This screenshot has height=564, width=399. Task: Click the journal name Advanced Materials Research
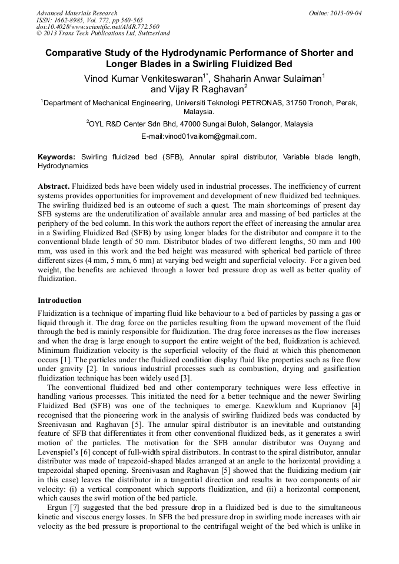point(77,13)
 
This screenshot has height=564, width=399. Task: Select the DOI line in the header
point(98,26)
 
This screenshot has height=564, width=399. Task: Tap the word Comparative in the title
point(75,53)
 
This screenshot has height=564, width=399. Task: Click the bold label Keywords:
point(56,157)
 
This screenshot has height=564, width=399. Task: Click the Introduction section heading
point(59,301)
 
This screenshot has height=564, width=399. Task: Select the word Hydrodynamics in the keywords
point(63,166)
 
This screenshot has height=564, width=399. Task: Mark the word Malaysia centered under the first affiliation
point(199,111)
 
